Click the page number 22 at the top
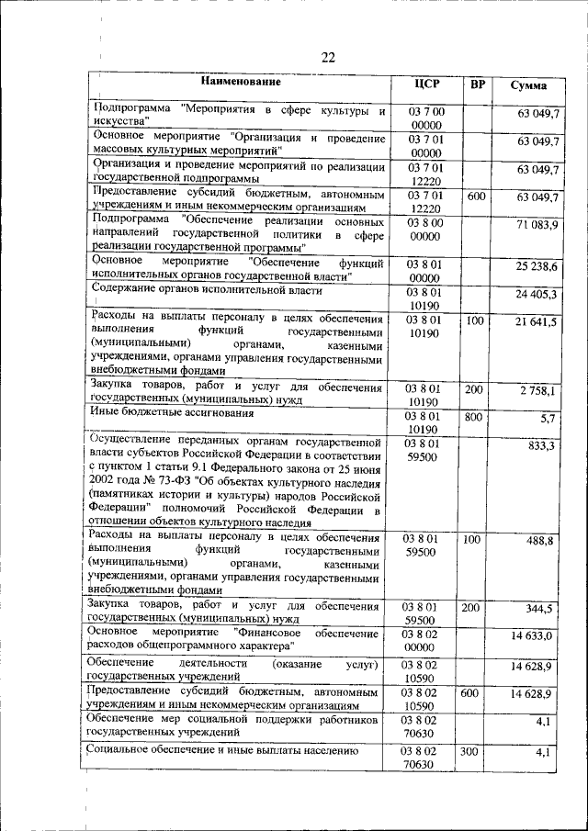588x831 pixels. pos(328,57)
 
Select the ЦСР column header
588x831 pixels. pos(427,84)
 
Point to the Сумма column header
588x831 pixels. pos(530,85)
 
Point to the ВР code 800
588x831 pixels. pos(474,416)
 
